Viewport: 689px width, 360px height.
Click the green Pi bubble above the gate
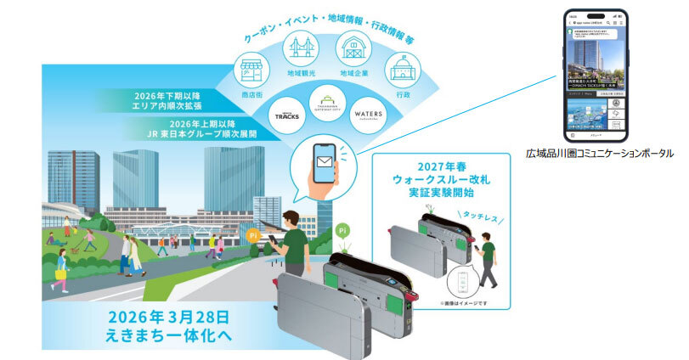[341, 228]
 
